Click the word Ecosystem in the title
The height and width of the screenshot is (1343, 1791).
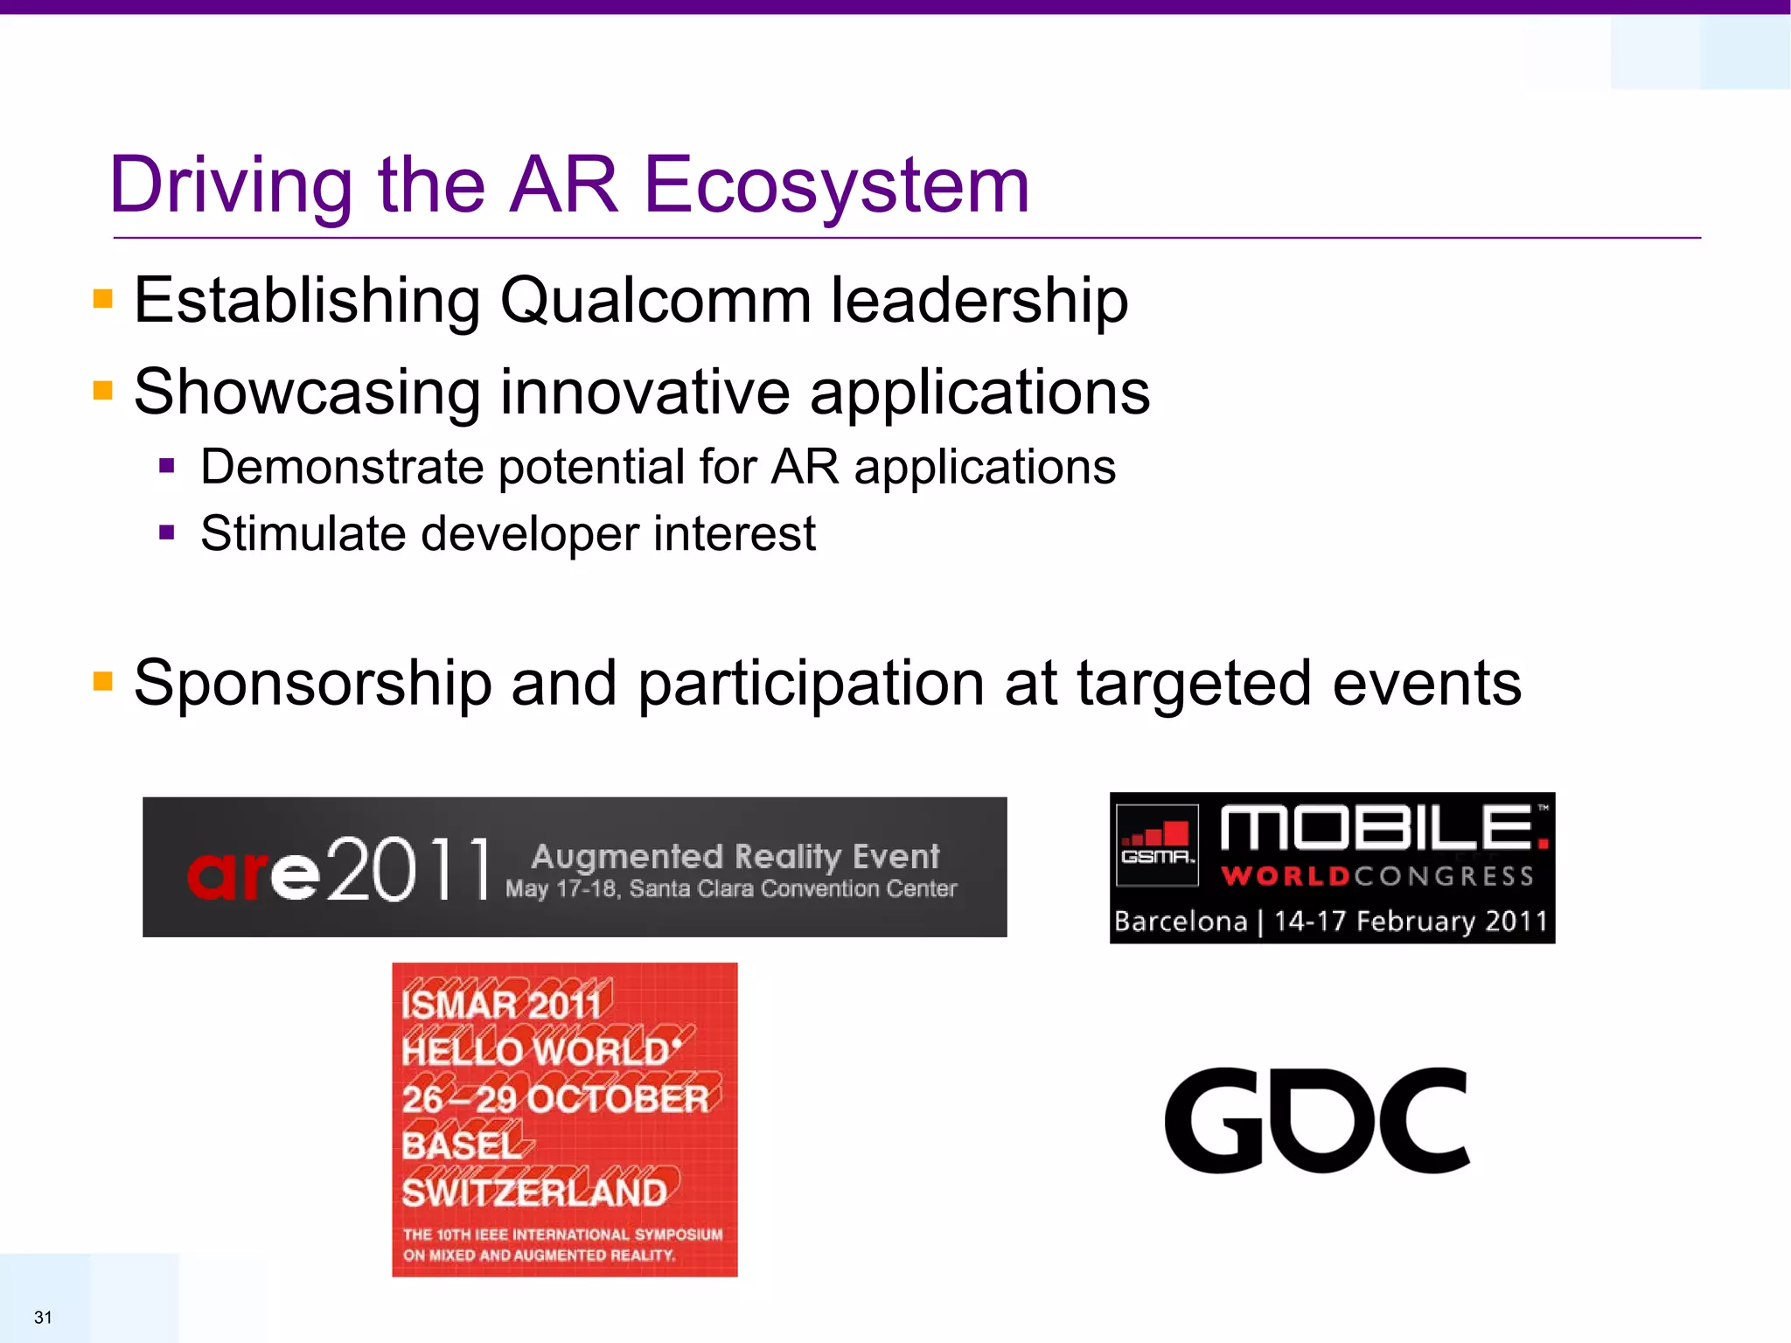pyautogui.click(x=836, y=185)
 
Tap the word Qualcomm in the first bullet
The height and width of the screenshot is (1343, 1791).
pyautogui.click(x=655, y=301)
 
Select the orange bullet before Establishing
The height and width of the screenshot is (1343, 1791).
pyautogui.click(x=103, y=300)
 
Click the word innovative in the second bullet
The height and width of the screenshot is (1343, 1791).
pyautogui.click(x=645, y=392)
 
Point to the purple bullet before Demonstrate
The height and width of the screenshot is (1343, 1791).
pyautogui.click(x=167, y=466)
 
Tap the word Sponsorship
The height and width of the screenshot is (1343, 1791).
pyautogui.click(x=312, y=683)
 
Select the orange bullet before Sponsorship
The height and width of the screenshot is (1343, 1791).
pyautogui.click(x=103, y=681)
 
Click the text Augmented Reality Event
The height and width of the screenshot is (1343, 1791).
pyautogui.click(x=735, y=856)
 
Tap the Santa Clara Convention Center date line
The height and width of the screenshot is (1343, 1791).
pyautogui.click(x=731, y=889)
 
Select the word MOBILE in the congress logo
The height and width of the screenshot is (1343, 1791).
pyautogui.click(x=1377, y=828)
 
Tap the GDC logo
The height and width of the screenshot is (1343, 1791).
pyautogui.click(x=1317, y=1120)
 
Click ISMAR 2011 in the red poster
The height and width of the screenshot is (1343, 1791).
pyautogui.click(x=502, y=1004)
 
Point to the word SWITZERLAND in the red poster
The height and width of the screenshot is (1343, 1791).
pyautogui.click(x=533, y=1193)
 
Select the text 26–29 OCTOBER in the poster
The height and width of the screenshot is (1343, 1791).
pyautogui.click(x=554, y=1099)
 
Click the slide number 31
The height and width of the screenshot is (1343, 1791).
pyautogui.click(x=43, y=1317)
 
